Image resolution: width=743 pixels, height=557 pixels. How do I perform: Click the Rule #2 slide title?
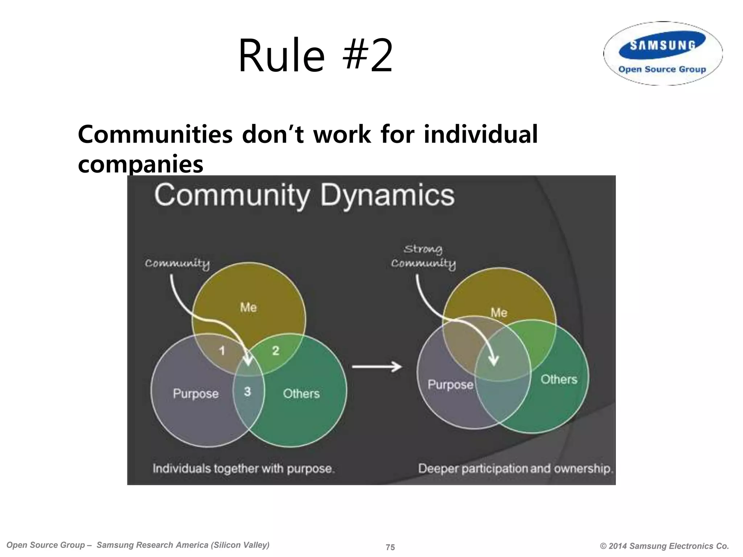pos(315,55)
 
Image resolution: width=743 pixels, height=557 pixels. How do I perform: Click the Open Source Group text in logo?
pos(662,69)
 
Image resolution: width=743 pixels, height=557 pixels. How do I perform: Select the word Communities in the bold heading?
pos(155,135)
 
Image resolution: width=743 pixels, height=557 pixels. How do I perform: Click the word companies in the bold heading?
pos(140,164)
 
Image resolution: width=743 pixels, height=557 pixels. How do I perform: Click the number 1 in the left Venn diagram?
pos(222,350)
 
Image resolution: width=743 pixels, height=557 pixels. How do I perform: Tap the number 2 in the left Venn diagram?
pos(276,350)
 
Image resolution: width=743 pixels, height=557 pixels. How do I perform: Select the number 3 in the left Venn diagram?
pos(247,391)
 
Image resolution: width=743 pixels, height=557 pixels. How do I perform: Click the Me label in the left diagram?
pos(248,308)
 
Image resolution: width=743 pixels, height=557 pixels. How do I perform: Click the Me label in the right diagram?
pos(499,312)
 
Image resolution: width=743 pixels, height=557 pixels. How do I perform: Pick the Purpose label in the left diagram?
pos(196,393)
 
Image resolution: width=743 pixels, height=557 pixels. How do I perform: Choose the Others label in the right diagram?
pos(559,379)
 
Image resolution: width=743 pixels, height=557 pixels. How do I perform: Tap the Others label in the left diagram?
pos(301,393)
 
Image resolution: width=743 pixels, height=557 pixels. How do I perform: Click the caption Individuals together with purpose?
pos(243,469)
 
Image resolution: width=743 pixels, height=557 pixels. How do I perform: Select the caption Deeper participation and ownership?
pos(515,469)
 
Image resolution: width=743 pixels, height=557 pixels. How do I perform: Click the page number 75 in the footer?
pos(390,547)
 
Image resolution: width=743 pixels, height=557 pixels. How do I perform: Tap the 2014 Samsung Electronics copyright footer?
pos(664,546)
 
